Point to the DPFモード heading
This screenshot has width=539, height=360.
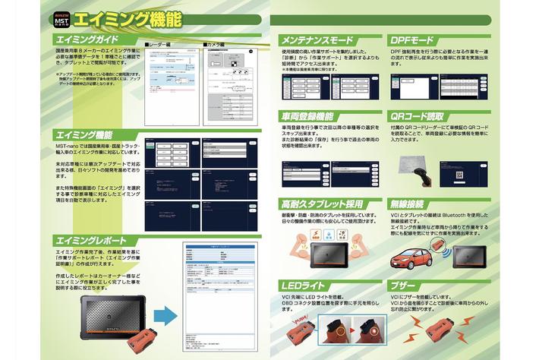click(x=414, y=38)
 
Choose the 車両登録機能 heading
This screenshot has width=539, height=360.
click(x=307, y=116)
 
